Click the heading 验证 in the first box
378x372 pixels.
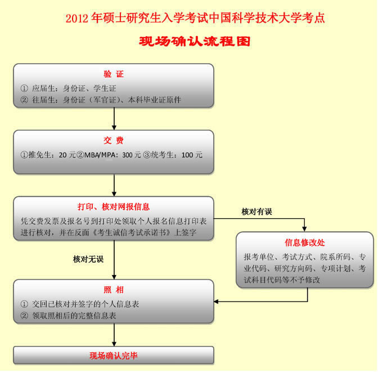[x=114, y=74]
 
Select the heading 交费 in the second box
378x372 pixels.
[x=114, y=140]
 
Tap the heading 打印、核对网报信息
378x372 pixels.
[x=114, y=207]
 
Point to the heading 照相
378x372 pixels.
[x=114, y=290]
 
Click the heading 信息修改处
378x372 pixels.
[x=305, y=242]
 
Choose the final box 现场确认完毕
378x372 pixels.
[x=114, y=356]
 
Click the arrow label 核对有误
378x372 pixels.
[x=256, y=211]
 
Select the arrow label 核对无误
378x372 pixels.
[x=88, y=259]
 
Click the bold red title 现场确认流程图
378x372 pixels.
[x=195, y=41]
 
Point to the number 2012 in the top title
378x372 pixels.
[x=77, y=19]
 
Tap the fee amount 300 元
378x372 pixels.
[x=131, y=155]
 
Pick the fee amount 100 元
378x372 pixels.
[x=192, y=155]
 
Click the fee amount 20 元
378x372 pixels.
[x=67, y=155]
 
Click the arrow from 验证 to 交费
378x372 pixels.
[x=114, y=118]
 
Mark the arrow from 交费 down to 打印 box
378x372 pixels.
[x=114, y=185]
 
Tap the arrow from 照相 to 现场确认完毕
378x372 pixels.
[x=114, y=335]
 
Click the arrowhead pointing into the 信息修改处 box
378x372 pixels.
[x=304, y=229]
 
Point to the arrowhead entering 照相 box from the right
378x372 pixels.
[x=217, y=302]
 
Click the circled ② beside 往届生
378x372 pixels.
[x=24, y=100]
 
